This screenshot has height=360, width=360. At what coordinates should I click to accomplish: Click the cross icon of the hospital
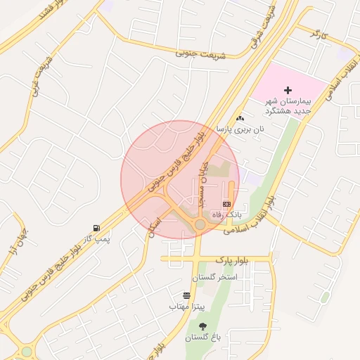click(287, 90)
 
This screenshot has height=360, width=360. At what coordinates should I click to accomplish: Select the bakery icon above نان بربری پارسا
click(241, 118)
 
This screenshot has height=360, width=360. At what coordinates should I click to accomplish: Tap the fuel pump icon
click(96, 228)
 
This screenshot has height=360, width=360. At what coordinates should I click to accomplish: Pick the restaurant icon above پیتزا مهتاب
click(186, 296)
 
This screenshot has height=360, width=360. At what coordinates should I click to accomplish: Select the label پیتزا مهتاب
click(186, 307)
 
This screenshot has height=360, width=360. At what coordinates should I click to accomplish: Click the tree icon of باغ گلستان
click(203, 326)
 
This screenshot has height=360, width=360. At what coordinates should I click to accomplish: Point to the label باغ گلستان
click(203, 338)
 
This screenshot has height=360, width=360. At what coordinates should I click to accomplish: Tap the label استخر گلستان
click(214, 278)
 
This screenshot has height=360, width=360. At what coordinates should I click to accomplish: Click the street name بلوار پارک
click(233, 259)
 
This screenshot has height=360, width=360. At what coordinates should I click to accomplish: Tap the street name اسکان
click(153, 223)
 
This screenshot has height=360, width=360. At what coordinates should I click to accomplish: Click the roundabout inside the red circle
click(200, 224)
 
